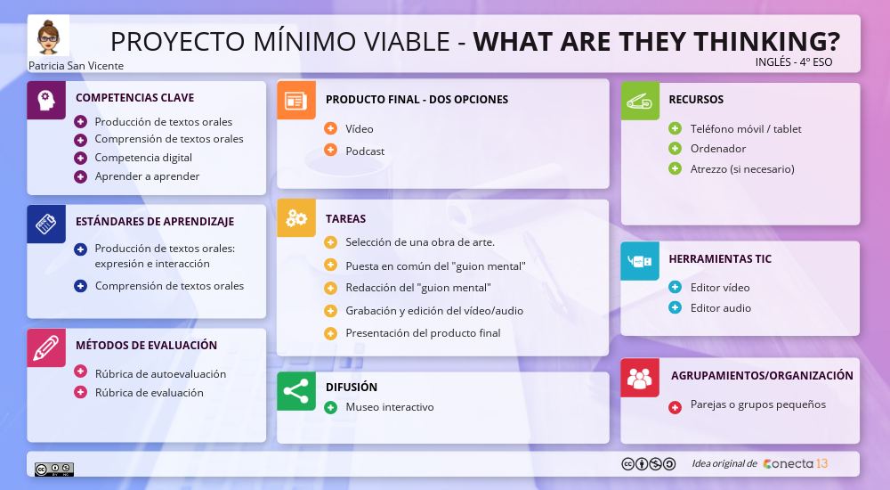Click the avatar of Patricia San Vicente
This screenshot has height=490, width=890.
[47, 37]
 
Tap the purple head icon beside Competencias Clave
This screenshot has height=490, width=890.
[46, 99]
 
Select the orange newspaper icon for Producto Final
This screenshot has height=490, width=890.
[295, 100]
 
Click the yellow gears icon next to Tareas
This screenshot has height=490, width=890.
[295, 218]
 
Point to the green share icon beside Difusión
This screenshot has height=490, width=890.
[295, 391]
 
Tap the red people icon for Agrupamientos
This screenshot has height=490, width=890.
[639, 377]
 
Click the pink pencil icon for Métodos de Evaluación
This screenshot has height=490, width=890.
[46, 347]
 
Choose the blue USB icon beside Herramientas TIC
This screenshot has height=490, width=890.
[639, 261]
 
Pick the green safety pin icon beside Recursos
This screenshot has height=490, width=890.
[639, 100]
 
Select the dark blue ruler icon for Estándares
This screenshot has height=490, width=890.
[46, 224]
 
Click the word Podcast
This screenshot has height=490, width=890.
[365, 151]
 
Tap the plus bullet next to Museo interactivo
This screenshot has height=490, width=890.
[330, 407]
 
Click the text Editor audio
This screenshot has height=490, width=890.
[720, 308]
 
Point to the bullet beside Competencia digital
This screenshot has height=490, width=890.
[80, 158]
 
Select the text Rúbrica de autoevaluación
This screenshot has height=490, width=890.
[160, 374]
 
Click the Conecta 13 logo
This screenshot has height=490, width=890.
[796, 463]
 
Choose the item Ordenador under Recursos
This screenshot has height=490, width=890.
[717, 149]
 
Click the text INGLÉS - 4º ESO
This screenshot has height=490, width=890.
[793, 62]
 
